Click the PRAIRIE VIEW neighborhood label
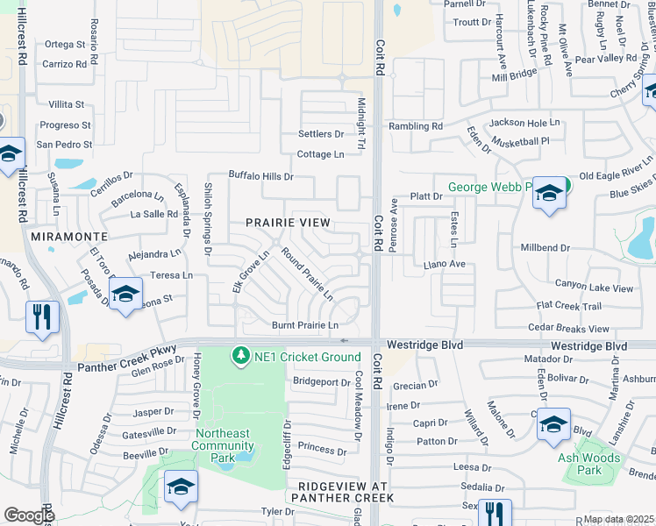pos(288,223)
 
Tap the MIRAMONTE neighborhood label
pos(68,237)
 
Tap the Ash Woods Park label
pos(589,464)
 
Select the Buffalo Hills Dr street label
pos(260,176)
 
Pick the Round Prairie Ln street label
pos(306,274)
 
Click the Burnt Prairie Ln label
pos(304,325)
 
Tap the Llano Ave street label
pos(444,263)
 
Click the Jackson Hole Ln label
pos(524,123)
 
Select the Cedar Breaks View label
pos(568,329)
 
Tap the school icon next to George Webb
pos(549,195)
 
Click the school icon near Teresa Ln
pos(125,294)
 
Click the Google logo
pos(28,515)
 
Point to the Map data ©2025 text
pos(618,519)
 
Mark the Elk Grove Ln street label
pos(249,273)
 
